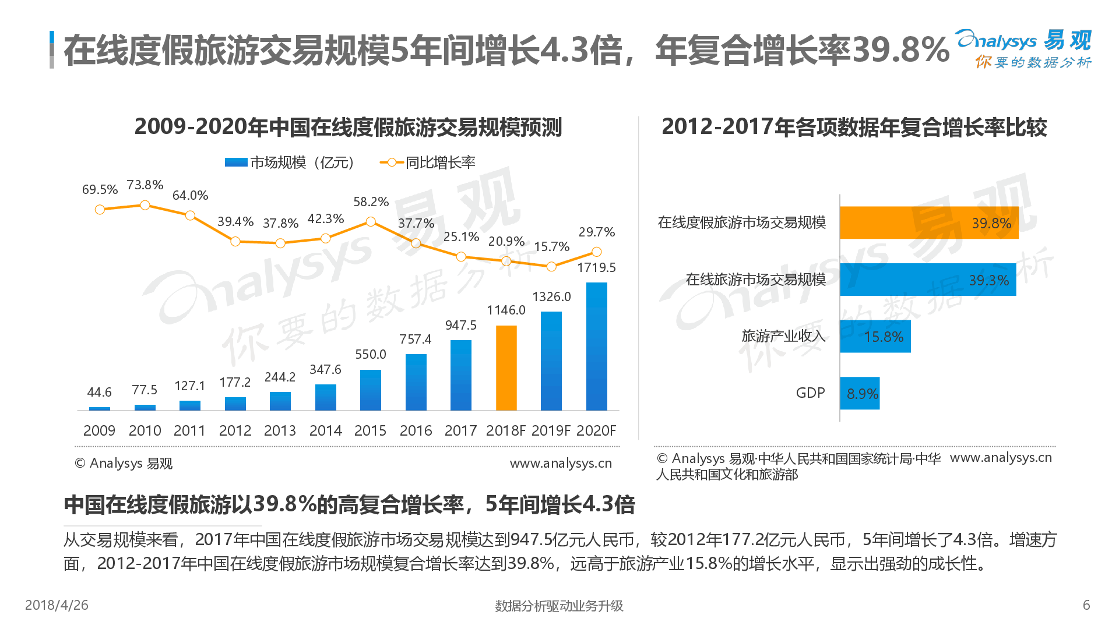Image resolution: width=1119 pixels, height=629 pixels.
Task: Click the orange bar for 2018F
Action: coord(506,368)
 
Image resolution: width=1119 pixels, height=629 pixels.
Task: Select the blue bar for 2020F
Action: coord(596,347)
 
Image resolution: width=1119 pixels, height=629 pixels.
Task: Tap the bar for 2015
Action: coord(371,390)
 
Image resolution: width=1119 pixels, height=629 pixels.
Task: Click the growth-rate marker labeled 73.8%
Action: coord(145,205)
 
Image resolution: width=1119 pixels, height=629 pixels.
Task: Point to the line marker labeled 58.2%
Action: coord(371,222)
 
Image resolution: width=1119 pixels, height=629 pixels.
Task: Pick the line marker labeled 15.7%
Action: coord(551,266)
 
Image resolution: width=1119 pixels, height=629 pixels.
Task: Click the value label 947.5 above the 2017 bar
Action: coord(460,325)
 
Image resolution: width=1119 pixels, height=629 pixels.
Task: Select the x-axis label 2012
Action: coord(235,430)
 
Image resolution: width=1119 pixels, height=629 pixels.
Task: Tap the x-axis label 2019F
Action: coord(551,430)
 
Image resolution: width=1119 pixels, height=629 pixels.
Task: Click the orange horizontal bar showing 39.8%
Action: coord(929,222)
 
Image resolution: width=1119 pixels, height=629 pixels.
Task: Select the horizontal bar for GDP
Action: coord(860,393)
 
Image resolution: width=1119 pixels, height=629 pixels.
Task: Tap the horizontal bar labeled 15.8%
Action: coord(875,337)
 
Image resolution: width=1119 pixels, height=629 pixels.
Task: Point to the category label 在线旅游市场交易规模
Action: coord(755,280)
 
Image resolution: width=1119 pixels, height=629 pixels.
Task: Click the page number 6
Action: coord(1086,605)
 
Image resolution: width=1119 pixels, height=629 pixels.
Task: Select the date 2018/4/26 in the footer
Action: coord(57,605)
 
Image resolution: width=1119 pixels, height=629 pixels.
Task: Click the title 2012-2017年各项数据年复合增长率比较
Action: coord(854,127)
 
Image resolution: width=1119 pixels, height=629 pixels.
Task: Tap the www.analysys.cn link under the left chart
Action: coord(561,463)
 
